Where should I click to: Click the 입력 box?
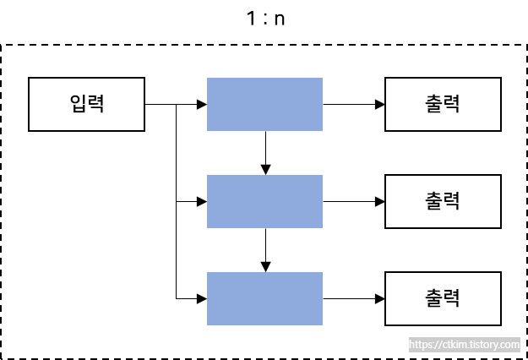(86, 105)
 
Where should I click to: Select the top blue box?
(264, 105)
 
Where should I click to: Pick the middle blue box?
(264, 202)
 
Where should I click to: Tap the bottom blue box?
(264, 298)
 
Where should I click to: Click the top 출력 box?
(443, 105)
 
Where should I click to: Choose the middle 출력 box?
(443, 202)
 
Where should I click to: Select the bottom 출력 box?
(443, 298)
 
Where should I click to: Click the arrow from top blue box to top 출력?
(351, 105)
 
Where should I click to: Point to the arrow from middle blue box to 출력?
(351, 202)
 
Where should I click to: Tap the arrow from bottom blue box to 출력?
(351, 298)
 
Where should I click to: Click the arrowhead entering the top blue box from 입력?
(202, 105)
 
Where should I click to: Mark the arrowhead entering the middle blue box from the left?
(202, 202)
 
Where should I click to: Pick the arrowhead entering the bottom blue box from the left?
(202, 298)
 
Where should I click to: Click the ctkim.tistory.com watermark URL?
(464, 345)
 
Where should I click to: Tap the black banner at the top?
(264, 21)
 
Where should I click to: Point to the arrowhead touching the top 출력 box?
(380, 105)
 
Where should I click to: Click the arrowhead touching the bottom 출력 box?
(380, 298)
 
